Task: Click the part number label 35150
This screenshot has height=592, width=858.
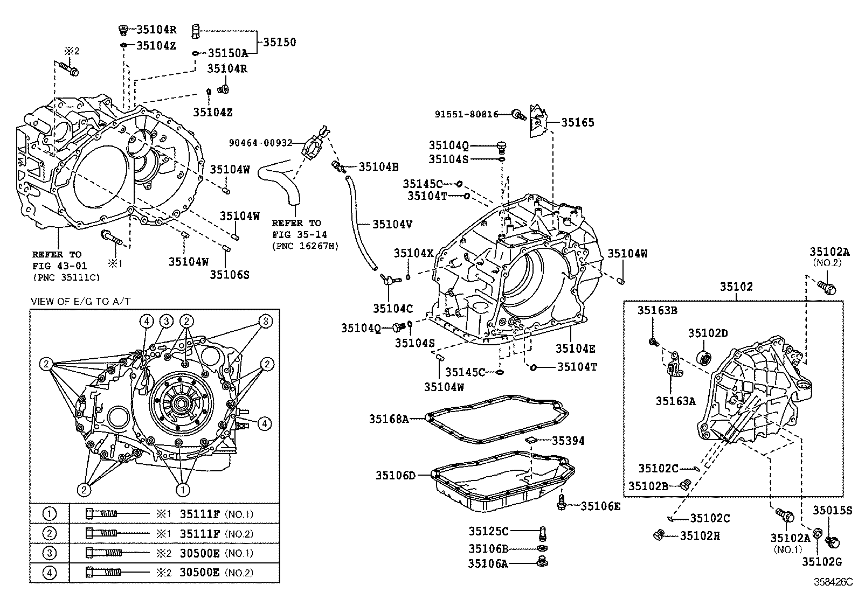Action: pos(280,42)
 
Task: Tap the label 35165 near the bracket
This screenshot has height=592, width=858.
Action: pos(578,122)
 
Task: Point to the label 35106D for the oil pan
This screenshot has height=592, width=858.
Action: pos(396,475)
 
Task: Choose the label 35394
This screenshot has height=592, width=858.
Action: pos(568,441)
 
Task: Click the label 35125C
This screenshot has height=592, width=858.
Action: pos(488,531)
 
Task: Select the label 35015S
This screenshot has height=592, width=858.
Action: pos(833,511)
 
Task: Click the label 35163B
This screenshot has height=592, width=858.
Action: pos(658,310)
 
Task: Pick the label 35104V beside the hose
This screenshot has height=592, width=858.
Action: pos(392,224)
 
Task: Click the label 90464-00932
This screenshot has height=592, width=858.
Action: pos(260,143)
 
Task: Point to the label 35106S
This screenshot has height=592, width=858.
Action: pos(230,275)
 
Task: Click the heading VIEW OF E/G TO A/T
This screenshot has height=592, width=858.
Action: pos(80,301)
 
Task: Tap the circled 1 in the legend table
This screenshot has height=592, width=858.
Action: pos(49,514)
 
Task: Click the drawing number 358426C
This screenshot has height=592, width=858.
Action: pos(833,582)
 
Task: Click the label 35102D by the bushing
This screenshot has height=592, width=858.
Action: pos(708,333)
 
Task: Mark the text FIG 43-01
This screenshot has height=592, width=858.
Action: pos(59,266)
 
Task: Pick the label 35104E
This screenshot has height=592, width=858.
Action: pos(576,349)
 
